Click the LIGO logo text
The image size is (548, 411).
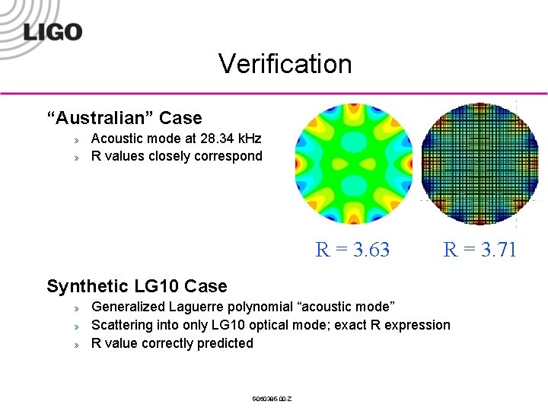tap(53, 32)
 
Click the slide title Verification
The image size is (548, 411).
tap(285, 63)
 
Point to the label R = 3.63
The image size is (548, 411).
tap(352, 250)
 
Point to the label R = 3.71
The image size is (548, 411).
tap(479, 250)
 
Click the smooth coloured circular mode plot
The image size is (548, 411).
tap(353, 164)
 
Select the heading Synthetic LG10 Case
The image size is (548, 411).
tap(137, 286)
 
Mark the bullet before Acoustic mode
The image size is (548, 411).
tap(76, 140)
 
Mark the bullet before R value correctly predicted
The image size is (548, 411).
tap(76, 345)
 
